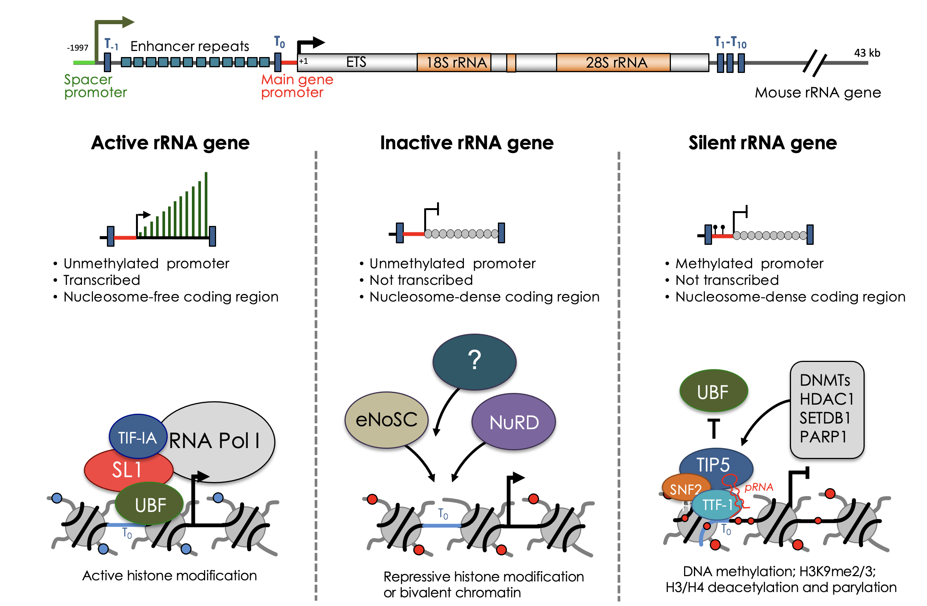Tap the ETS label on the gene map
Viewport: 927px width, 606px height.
(356, 62)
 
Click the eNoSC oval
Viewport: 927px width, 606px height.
(386, 420)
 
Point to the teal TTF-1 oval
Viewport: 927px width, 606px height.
(716, 505)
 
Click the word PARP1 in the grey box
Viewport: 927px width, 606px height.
(823, 437)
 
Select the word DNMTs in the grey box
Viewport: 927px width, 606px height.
(824, 380)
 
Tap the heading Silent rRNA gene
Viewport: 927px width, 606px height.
(762, 142)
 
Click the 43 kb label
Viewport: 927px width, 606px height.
(867, 53)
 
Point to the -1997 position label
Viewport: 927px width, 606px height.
(77, 48)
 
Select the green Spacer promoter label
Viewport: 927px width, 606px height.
(95, 86)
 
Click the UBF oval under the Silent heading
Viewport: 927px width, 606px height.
(713, 392)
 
